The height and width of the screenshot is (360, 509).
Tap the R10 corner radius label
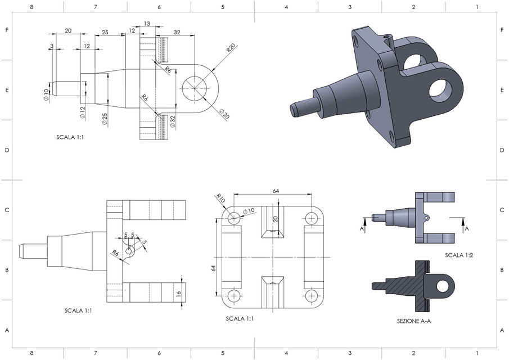pos(220,198)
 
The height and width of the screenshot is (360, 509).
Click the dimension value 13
pos(147,24)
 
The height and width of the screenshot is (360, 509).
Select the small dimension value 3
pos(52,45)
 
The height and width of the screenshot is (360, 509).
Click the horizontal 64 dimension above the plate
pos(276,191)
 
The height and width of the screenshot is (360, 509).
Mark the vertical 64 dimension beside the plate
pos(213,268)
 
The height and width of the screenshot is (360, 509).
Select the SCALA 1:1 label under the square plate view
pos(240,318)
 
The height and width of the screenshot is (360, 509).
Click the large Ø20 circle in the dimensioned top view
pos(195,89)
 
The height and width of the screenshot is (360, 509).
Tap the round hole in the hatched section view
pos(443,286)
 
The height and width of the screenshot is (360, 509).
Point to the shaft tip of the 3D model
pos(294,109)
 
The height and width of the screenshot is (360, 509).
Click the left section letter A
pos(362,229)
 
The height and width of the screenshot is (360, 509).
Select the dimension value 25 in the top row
pos(105,32)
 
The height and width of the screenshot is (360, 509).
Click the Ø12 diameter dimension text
pos(82,112)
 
